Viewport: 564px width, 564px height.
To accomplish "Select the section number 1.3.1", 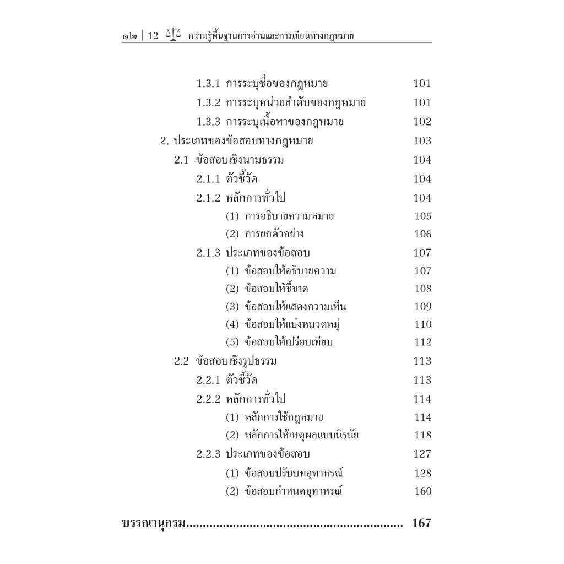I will click(x=208, y=84).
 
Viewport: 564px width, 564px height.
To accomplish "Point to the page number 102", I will click(x=422, y=122).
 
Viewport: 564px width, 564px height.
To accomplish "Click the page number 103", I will click(x=422, y=140).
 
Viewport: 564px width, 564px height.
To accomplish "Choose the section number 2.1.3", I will click(x=208, y=253).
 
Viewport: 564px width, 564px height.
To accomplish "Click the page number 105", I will click(x=422, y=216).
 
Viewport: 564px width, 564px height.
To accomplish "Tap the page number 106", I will click(x=422, y=234).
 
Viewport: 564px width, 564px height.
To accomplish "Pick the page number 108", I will click(x=422, y=289).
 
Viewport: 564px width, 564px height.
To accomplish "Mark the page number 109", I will click(x=422, y=307).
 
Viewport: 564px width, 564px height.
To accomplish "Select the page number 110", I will click(x=422, y=324).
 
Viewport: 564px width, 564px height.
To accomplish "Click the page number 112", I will click(x=422, y=343).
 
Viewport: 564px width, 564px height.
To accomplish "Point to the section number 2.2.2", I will click(x=208, y=399).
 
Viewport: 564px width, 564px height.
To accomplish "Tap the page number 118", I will click(x=422, y=436).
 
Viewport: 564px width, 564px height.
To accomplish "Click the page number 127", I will click(x=422, y=454).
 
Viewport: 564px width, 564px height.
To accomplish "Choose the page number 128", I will click(x=422, y=473).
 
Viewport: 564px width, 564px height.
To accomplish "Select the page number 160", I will click(x=422, y=491).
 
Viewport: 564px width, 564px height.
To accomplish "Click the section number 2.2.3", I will click(x=208, y=454).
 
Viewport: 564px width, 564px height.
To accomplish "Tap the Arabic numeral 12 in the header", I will click(x=153, y=36).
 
